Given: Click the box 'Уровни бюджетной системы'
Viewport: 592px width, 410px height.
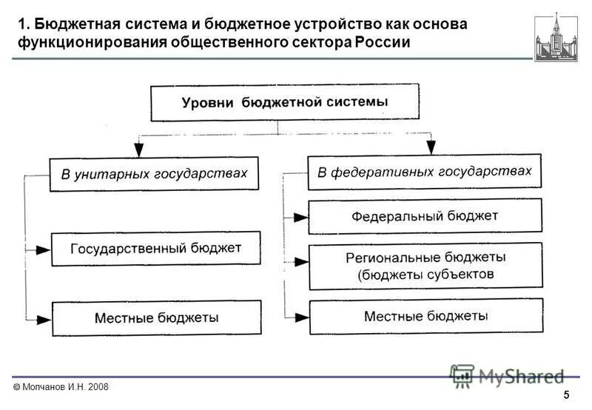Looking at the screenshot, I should click(x=285, y=102).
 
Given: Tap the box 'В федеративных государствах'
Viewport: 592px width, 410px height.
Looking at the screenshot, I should click(x=424, y=172).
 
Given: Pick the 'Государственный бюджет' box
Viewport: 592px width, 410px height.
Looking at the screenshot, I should click(x=155, y=248).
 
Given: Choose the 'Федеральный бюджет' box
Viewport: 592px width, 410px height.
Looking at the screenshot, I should click(x=424, y=216).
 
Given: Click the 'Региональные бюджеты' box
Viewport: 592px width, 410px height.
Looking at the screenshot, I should click(x=425, y=266).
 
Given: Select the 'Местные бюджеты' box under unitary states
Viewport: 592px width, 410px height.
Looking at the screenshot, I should click(x=155, y=317).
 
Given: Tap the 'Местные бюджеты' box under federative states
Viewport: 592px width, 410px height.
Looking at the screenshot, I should click(x=425, y=316).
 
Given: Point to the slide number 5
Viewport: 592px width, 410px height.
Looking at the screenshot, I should click(x=566, y=394).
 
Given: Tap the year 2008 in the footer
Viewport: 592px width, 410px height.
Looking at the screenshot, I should click(x=97, y=387).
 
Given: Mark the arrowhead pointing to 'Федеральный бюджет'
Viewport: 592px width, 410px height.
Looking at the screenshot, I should click(x=300, y=218).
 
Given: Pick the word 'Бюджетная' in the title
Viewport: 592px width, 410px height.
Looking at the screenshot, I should click(x=75, y=24).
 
